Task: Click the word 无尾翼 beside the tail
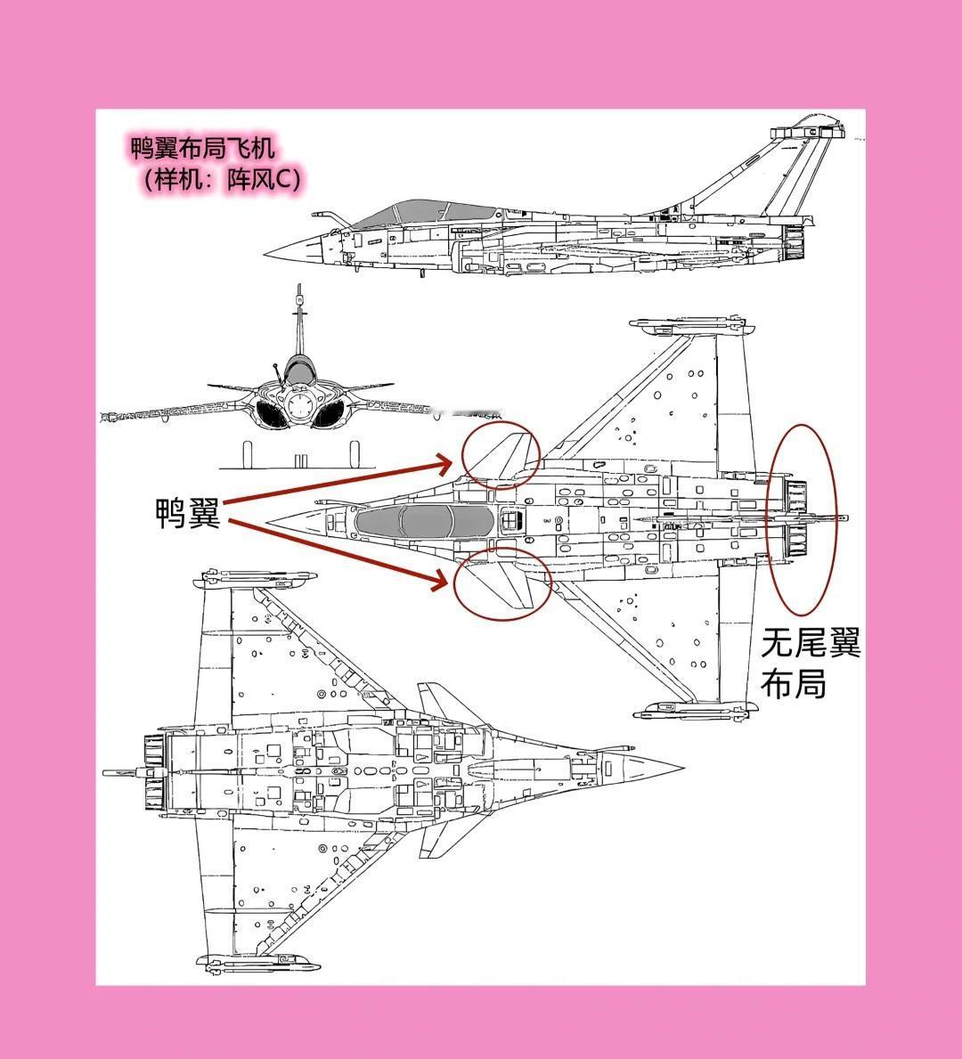click(x=811, y=643)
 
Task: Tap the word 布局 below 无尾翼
click(x=793, y=684)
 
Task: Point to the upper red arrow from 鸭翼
click(x=338, y=481)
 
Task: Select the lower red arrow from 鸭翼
click(x=338, y=552)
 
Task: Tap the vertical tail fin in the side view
click(x=784, y=169)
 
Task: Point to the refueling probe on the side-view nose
click(x=326, y=216)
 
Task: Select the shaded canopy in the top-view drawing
click(x=423, y=520)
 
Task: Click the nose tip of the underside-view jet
click(x=681, y=768)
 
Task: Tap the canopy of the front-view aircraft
click(x=299, y=370)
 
